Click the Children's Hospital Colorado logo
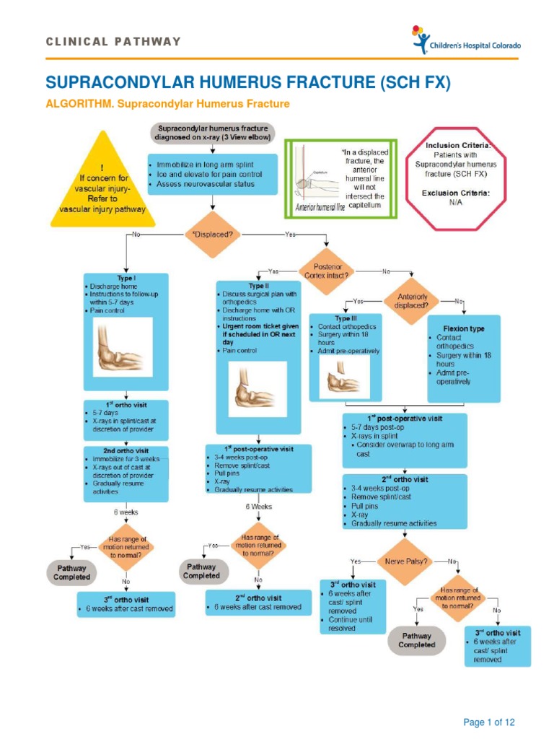click(x=466, y=41)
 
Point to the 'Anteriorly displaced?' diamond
click(x=412, y=299)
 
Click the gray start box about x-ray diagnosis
click(x=212, y=132)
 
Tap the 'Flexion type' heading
click(x=465, y=328)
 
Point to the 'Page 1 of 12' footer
click(x=489, y=722)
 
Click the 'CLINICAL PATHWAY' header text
click(x=113, y=42)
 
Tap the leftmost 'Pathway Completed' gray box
click(x=72, y=572)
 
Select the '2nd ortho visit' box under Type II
click(x=258, y=603)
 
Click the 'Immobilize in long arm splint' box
click(x=212, y=174)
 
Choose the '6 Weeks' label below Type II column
click(x=258, y=507)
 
